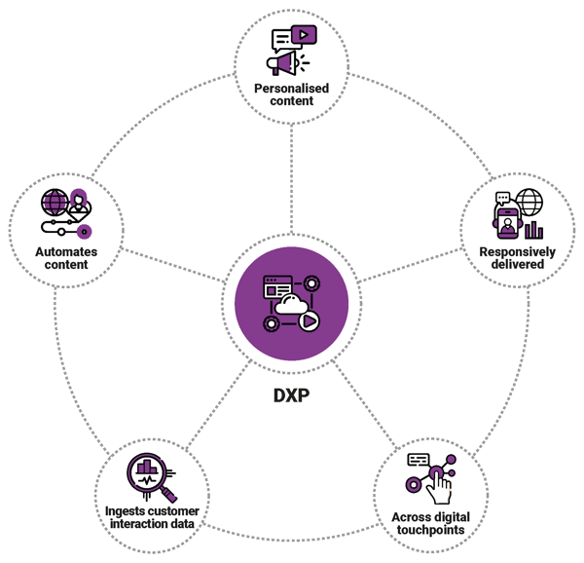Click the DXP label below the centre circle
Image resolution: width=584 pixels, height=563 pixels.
pyautogui.click(x=291, y=397)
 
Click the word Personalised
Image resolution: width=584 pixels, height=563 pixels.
pyautogui.click(x=291, y=89)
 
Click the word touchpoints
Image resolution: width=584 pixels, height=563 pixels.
pyautogui.click(x=428, y=530)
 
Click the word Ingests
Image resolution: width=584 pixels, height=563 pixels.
pyautogui.click(x=126, y=510)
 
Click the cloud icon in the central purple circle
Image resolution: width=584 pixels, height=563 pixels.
pyautogui.click(x=290, y=306)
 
